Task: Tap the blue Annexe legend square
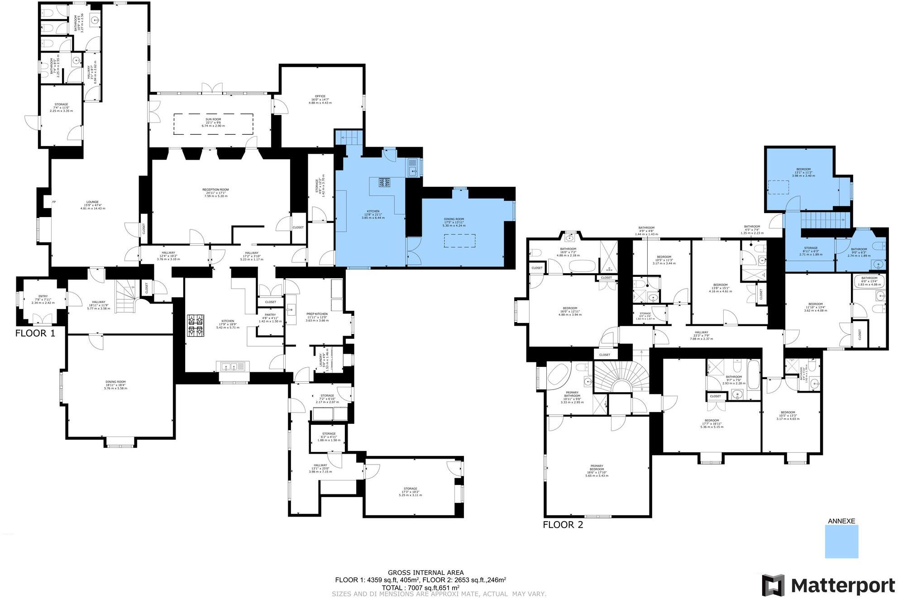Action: click(x=841, y=541)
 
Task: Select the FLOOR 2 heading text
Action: click(x=563, y=525)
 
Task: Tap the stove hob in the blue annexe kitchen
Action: click(x=384, y=182)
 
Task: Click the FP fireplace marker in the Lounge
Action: click(x=54, y=202)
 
